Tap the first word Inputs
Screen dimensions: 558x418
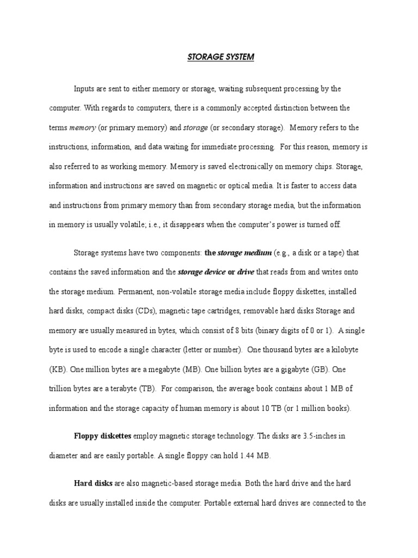84,88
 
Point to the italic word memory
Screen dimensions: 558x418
83,128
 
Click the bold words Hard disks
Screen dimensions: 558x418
93,484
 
